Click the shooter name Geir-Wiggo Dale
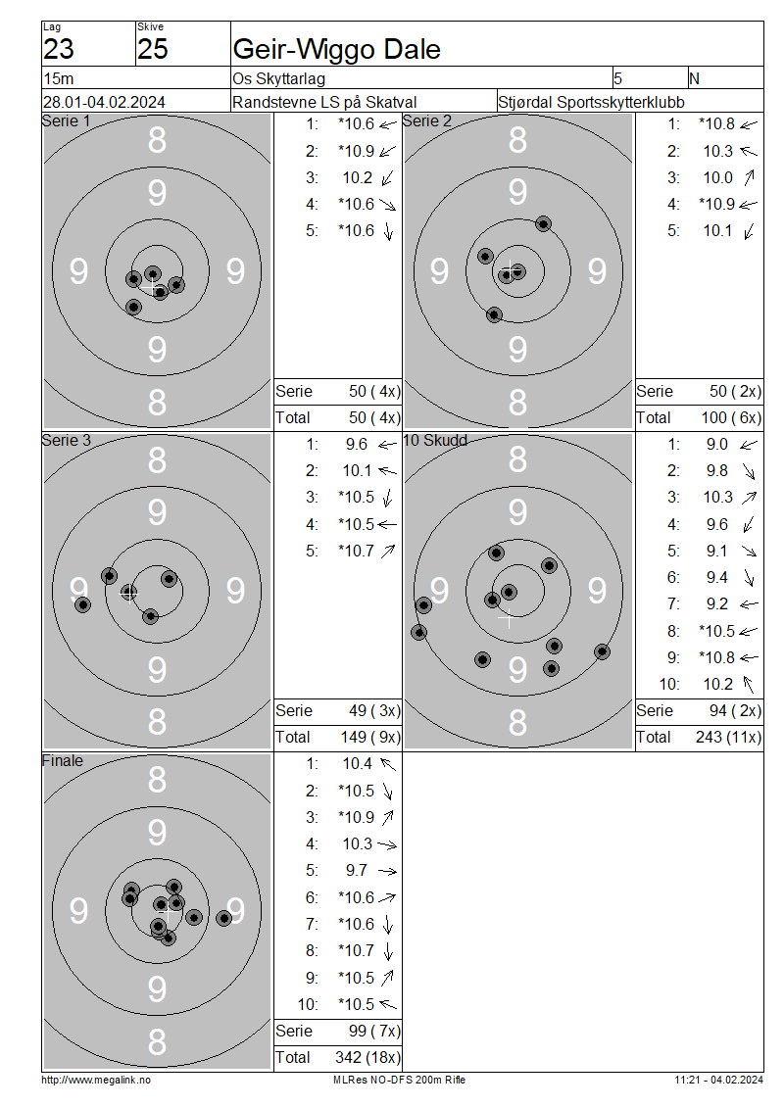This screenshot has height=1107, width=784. pos(336,49)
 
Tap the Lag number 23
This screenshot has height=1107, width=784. pos(59,49)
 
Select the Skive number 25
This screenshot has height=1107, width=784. pos(153,49)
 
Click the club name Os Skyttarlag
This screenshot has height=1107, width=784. pos(278,78)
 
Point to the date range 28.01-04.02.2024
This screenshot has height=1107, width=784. pos(104,102)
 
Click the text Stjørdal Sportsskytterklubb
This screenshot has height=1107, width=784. pos(591,102)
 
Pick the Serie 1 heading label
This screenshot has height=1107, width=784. pos(66,121)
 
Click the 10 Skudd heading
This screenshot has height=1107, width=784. pos(435,441)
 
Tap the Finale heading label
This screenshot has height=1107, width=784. pos(62,761)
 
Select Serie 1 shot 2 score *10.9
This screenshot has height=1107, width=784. pos(356,151)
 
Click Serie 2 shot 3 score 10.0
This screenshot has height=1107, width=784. pos(717,178)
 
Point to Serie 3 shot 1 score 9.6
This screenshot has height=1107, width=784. pos(357,445)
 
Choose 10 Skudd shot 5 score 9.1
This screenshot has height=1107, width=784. pos(717,552)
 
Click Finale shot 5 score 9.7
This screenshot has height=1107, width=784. pos(357,871)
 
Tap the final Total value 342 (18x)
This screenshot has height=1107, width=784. pos(367,1058)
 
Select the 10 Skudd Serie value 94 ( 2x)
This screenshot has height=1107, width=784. pos(735,711)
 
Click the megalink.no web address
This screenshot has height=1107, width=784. pos(96,1081)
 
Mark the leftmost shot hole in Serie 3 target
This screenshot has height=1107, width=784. pos(82,604)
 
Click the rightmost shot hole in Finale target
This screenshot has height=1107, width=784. pos(223,919)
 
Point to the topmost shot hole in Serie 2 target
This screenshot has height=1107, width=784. pos(543,224)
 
